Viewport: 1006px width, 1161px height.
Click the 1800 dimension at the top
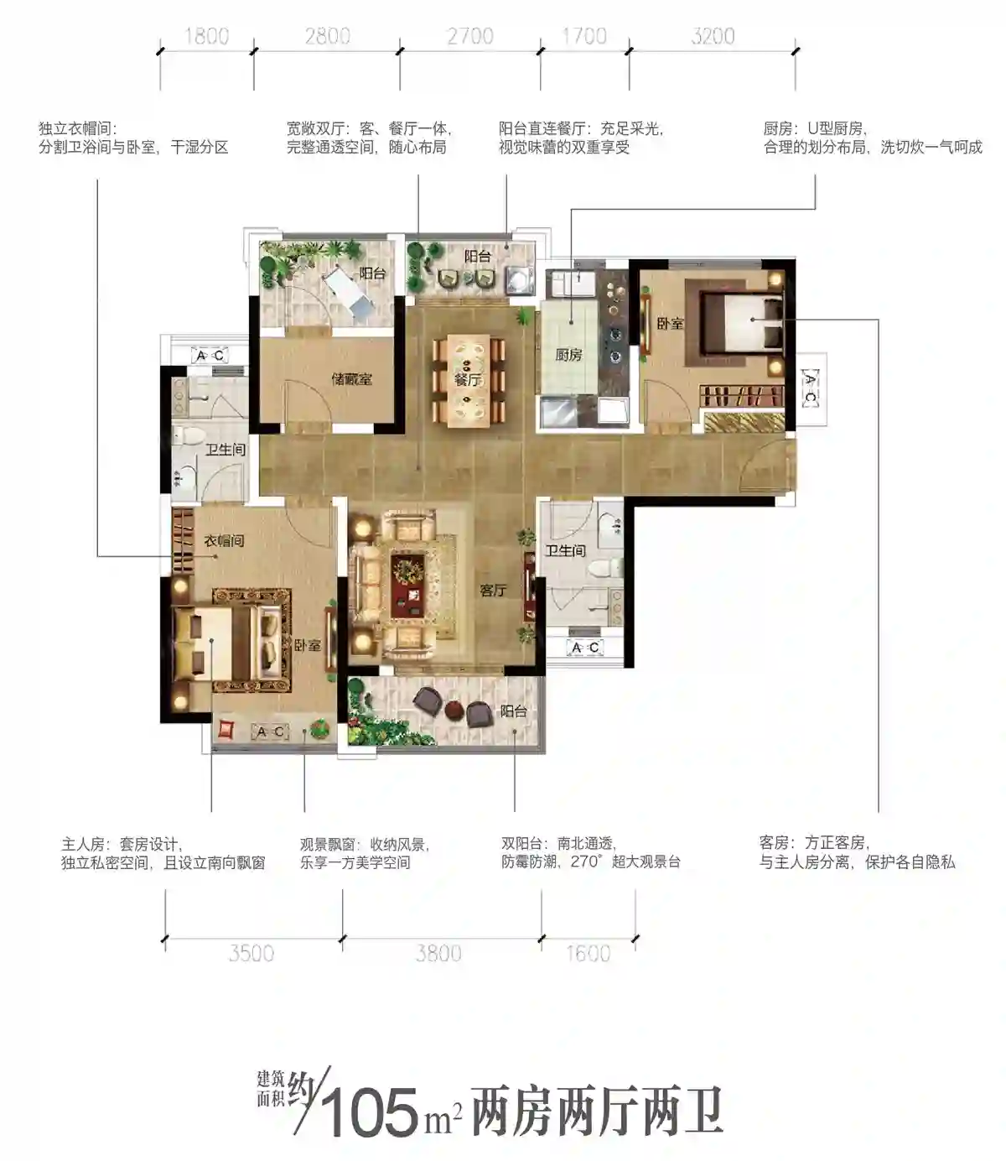[206, 37]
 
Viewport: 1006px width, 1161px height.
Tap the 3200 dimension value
[713, 37]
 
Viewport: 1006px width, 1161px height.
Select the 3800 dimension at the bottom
[438, 953]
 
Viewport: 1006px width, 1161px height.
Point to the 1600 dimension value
[588, 953]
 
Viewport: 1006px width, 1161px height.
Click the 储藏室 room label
[352, 379]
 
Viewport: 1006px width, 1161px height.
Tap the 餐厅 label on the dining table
[467, 380]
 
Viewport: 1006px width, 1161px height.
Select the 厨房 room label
[568, 355]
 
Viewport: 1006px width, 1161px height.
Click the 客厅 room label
[493, 590]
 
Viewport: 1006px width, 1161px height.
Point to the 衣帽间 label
[224, 541]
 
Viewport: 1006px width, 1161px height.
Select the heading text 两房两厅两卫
[597, 1112]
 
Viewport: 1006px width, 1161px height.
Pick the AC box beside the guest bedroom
[810, 388]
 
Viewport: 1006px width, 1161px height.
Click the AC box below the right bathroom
[585, 648]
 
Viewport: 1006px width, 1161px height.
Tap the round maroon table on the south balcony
[452, 711]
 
